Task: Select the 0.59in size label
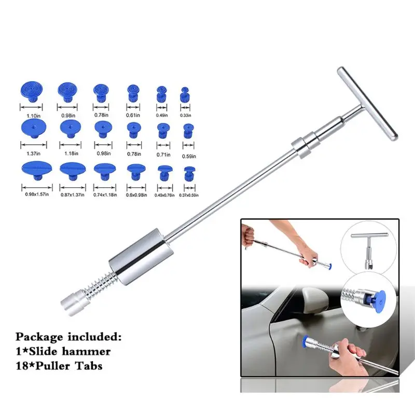[x=188, y=156]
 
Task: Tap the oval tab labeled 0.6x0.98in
[x=134, y=170]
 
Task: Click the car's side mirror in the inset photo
[x=315, y=302]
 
